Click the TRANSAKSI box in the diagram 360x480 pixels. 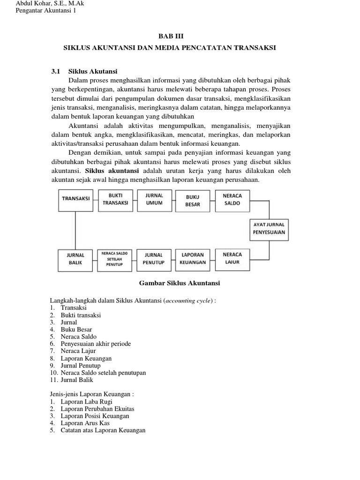click(x=76, y=198)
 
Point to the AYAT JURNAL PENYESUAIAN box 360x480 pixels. click(x=269, y=228)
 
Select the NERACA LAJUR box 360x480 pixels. click(x=232, y=258)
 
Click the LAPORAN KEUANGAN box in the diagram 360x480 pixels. click(x=193, y=259)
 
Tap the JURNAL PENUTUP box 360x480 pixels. click(x=154, y=259)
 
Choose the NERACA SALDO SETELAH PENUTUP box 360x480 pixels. click(x=115, y=259)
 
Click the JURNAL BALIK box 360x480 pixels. click(x=76, y=259)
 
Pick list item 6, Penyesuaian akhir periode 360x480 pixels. click(x=96, y=344)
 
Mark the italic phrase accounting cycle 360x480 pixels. click(x=188, y=300)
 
